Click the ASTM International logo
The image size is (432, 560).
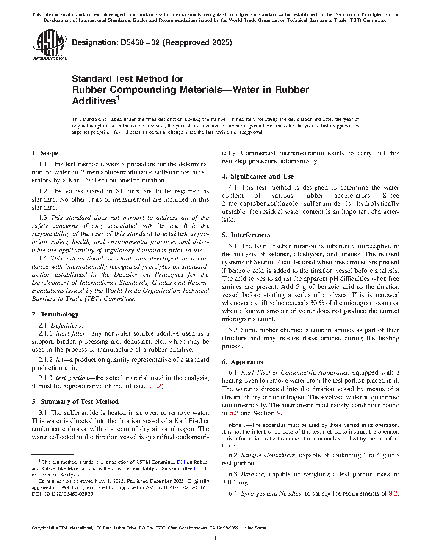coord(50,45)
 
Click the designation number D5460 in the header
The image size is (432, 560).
coord(133,42)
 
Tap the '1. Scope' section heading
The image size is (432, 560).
coord(45,153)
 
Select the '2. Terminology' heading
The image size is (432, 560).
coord(55,314)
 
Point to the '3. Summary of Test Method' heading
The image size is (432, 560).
coord(75,402)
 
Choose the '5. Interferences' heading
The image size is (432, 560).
coord(246,235)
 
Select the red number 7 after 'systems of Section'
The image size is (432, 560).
coord(278,262)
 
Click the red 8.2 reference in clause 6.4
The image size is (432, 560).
coord(393,493)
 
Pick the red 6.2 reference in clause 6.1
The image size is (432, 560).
coord(234,413)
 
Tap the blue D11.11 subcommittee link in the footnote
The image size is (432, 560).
coord(201,468)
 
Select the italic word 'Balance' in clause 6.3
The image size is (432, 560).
coord(253,474)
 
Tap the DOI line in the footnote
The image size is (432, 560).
coord(63,494)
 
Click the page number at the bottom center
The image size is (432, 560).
coord(216,539)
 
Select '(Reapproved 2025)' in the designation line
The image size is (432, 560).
coord(197,42)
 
